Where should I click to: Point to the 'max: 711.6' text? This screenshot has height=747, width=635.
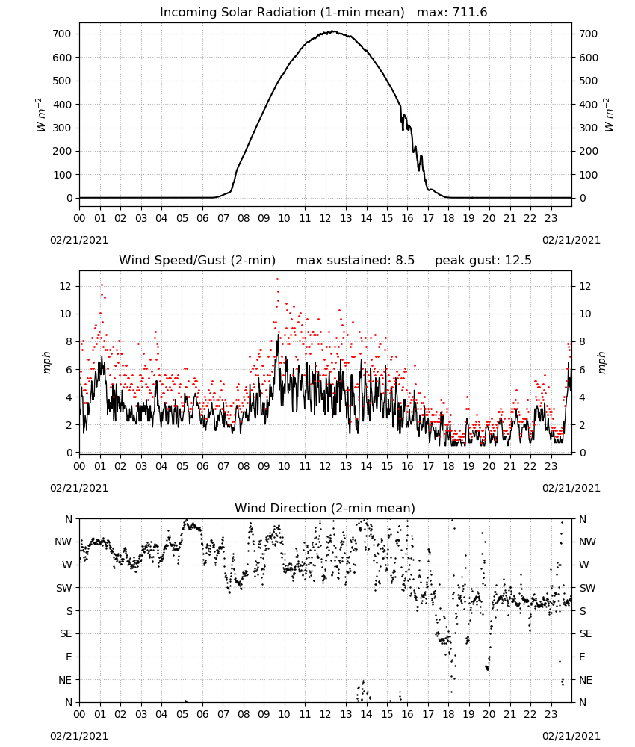coord(452,13)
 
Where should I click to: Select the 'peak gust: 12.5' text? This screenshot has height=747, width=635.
coord(483,261)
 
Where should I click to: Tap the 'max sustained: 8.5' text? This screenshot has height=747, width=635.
coord(355,261)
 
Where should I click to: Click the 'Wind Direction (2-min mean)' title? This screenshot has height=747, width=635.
coord(325,508)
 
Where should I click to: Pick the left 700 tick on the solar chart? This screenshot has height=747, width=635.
coord(62,34)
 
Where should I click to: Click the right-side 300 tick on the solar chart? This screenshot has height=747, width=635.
coord(589,128)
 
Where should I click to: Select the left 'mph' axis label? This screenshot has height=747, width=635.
coord(46,362)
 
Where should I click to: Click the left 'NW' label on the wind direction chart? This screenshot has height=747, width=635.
coord(63,542)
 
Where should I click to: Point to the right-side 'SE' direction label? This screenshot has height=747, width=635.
coord(586,633)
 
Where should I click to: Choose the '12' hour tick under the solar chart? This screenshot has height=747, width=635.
coord(326,219)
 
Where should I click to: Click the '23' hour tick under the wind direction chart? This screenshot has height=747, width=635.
coord(551,714)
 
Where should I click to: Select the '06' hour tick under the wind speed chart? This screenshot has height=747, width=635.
coord(202,466)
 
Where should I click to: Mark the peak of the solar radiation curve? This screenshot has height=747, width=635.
coord(334,31)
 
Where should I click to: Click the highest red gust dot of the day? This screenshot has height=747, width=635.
coord(277,279)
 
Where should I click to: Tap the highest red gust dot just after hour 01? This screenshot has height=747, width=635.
coord(102,285)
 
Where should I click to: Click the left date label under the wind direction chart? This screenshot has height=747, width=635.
coord(79,736)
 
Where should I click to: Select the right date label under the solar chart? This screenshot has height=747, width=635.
coord(571,240)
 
